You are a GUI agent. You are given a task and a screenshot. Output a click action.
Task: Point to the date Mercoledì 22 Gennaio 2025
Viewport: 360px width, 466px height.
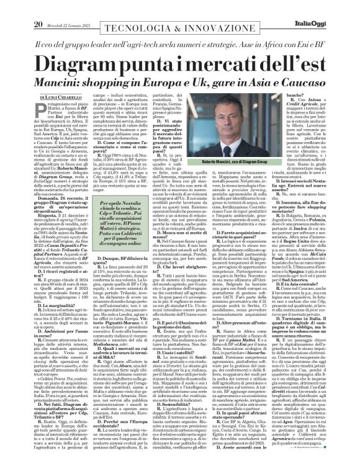tap(69, 7)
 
